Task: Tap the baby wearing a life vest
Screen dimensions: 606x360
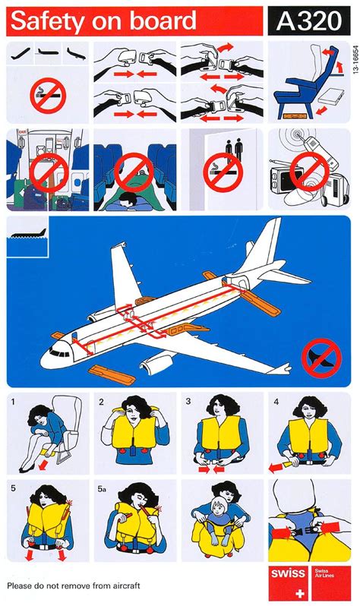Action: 219,532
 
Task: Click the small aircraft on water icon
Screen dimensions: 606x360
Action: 26,230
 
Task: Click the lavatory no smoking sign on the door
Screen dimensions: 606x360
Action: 222,169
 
